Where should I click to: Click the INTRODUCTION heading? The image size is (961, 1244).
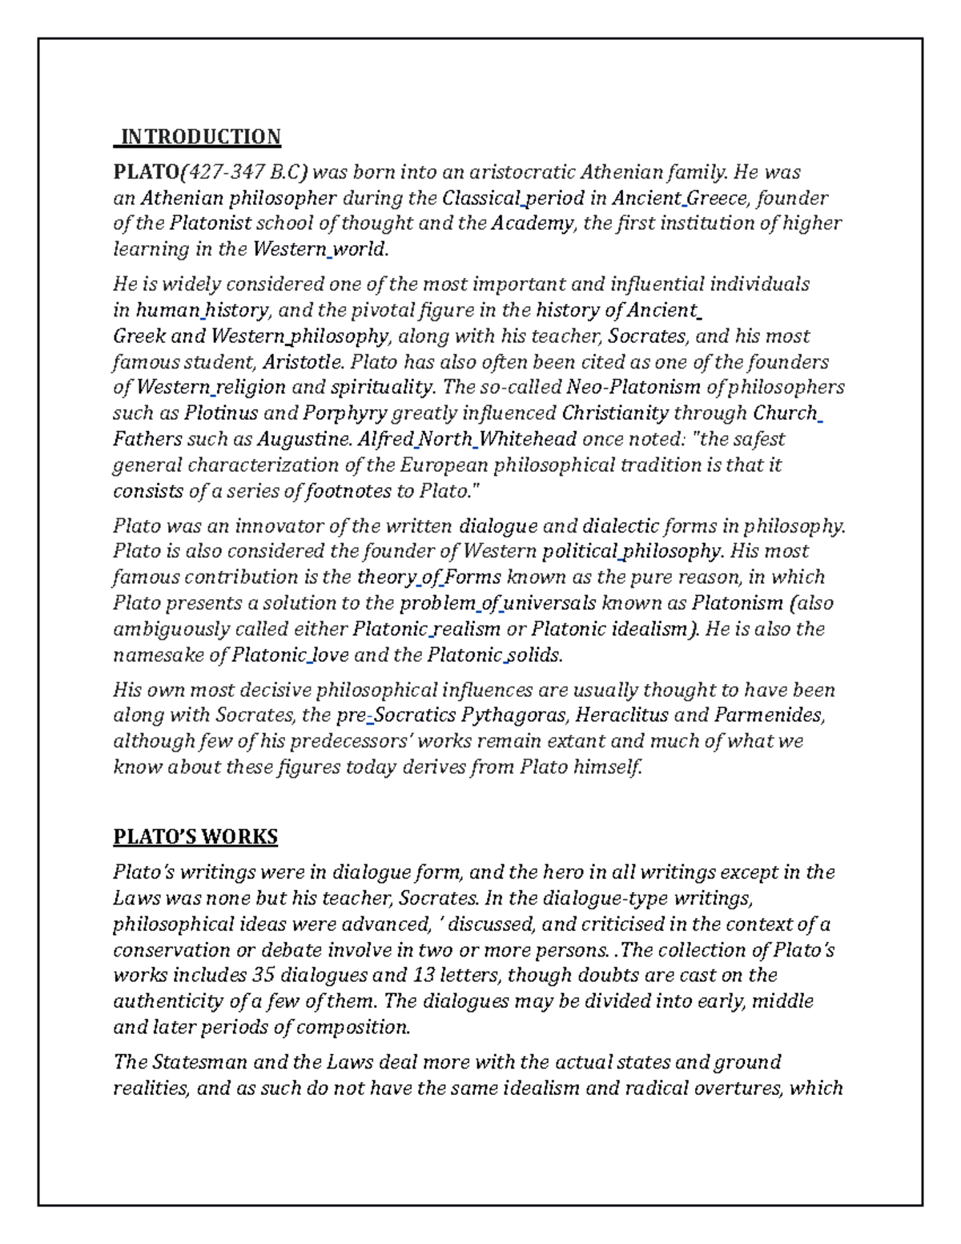(199, 137)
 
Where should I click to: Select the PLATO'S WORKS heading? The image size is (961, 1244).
(195, 837)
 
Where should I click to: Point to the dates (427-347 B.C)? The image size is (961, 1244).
(245, 172)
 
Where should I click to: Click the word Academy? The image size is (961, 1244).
(533, 223)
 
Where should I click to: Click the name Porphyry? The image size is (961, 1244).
(344, 413)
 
